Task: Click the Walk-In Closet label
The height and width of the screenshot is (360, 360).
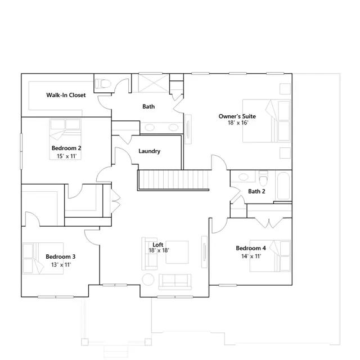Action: point(66,95)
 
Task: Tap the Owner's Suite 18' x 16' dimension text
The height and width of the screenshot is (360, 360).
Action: point(238,123)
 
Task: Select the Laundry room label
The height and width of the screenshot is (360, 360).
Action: point(149,151)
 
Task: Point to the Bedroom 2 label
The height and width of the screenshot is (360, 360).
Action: point(66,148)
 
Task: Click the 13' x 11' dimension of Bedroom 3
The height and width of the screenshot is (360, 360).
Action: point(61,265)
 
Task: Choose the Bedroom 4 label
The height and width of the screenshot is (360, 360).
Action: point(251,248)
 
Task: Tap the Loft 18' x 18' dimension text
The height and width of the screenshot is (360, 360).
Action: point(159,250)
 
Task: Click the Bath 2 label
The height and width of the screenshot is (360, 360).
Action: point(256,191)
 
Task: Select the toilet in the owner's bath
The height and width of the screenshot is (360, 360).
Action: point(103,84)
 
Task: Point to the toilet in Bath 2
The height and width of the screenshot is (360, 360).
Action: point(263,178)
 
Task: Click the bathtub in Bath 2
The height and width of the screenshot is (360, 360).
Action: point(283,186)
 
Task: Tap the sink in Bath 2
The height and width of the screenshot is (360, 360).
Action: point(244,177)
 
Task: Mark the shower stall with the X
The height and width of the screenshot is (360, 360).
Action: point(154,83)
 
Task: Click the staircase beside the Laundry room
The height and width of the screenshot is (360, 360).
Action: point(174,180)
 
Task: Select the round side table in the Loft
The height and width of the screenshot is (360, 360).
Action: point(148,280)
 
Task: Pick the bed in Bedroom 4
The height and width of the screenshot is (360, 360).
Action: point(270,256)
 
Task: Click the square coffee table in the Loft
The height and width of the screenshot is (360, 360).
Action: point(177,252)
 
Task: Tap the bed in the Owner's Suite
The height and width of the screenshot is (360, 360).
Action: point(267,121)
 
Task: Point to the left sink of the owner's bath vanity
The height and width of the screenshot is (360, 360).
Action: point(150,127)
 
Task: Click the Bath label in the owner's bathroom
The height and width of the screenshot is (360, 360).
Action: point(148,106)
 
